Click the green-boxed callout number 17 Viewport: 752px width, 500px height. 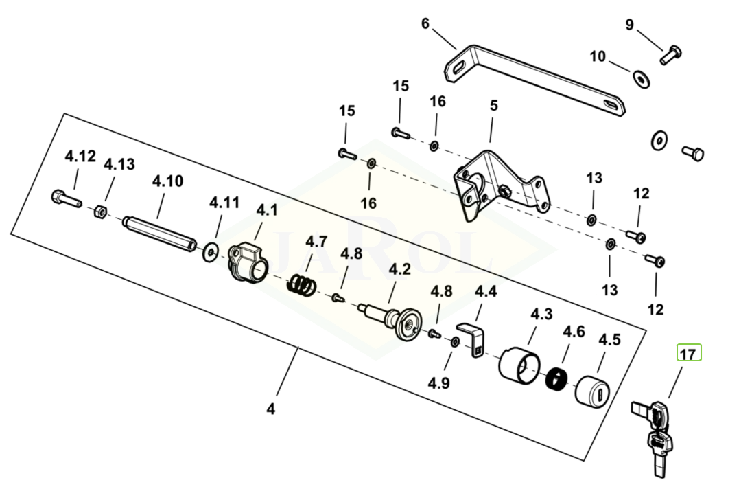point(688,354)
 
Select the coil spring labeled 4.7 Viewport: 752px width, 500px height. point(302,284)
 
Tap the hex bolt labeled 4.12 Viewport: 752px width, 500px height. point(66,198)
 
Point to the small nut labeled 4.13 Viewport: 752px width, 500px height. point(99,211)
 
